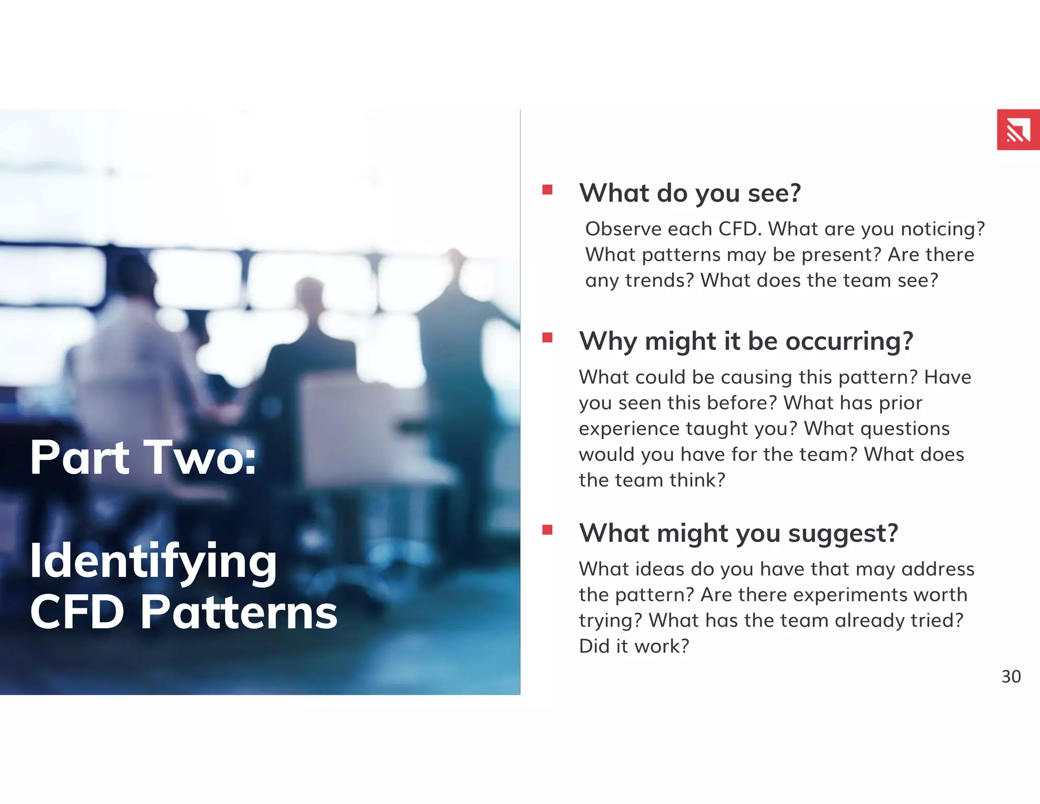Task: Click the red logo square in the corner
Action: click(x=1018, y=130)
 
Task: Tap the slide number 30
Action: click(x=1011, y=676)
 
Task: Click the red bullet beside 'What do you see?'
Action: click(x=547, y=190)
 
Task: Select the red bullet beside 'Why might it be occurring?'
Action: click(x=547, y=338)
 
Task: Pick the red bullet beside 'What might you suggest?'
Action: click(x=547, y=530)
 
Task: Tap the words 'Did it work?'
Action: click(x=634, y=646)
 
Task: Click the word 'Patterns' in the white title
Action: click(x=239, y=612)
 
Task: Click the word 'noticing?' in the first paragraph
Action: click(x=942, y=229)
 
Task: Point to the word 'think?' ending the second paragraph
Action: click(x=697, y=480)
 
